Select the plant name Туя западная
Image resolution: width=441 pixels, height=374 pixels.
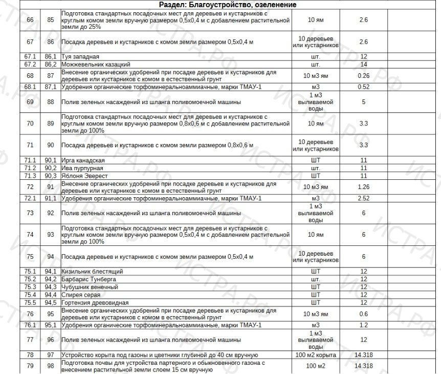80,57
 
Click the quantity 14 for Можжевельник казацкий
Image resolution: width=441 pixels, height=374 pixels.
364,65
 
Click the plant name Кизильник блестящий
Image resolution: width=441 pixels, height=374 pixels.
92,272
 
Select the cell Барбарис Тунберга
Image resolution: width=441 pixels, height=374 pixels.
89,279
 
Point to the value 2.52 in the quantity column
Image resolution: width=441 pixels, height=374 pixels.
364,198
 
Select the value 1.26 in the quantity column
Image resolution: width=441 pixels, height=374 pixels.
364,187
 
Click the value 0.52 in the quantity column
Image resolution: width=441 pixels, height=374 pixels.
364,87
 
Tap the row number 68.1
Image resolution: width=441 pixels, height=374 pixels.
30,87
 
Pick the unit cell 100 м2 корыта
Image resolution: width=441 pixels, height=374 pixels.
316,355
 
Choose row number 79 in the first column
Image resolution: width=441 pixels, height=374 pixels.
30,366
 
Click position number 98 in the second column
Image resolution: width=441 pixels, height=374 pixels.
50,366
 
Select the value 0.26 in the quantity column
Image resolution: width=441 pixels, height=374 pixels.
364,76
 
